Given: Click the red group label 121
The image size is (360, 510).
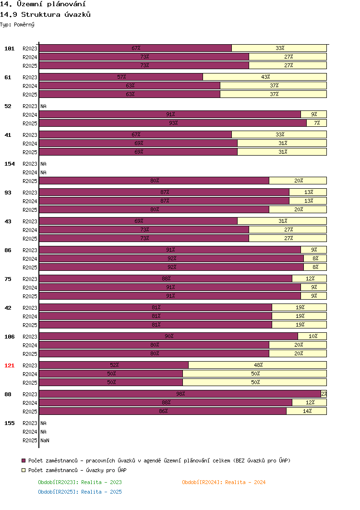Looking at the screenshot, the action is [x=10, y=365].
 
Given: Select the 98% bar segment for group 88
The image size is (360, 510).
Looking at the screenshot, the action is [x=180, y=394].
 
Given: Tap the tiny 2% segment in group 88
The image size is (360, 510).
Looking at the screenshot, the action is [x=324, y=394].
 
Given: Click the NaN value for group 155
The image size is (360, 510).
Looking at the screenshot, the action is [x=45, y=440].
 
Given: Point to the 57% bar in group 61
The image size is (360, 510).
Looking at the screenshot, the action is [x=121, y=77].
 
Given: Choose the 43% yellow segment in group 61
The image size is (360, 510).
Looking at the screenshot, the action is [x=264, y=77].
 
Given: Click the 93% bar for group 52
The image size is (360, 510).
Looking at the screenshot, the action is [x=173, y=123].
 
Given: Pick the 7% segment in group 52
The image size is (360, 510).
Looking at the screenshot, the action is [x=316, y=123].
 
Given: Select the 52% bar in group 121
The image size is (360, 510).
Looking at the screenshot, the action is [x=114, y=365].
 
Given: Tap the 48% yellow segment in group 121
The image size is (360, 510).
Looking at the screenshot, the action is [x=258, y=365].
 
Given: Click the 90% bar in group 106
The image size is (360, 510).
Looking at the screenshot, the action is [x=168, y=336].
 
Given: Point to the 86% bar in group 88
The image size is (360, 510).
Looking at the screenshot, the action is [x=163, y=411].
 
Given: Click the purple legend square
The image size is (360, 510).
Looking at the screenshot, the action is [x=24, y=461].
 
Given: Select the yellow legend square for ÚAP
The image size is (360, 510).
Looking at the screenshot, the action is [x=24, y=470].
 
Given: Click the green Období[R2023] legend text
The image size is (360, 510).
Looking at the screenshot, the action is [x=80, y=482].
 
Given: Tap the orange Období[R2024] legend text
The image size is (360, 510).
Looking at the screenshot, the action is [x=224, y=482].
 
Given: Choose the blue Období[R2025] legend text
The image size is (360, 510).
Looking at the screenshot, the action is [x=80, y=492].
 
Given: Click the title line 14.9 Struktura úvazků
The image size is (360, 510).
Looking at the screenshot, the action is [x=45, y=14].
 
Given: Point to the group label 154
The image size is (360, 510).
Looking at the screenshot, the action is [x=10, y=164].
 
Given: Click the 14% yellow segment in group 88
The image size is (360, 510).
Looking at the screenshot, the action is [x=306, y=411].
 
